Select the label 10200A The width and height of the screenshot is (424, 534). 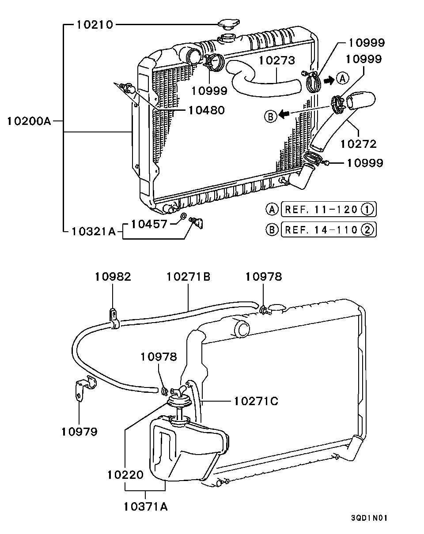[30, 120]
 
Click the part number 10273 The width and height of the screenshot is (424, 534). [276, 60]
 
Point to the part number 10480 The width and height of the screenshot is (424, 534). [206, 110]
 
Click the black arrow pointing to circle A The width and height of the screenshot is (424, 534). [329, 80]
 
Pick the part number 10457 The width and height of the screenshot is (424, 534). [150, 224]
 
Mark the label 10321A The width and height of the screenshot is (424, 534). [93, 231]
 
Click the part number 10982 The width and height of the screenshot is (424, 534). [113, 277]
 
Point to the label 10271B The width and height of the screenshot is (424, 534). [188, 277]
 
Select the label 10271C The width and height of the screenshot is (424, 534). [256, 401]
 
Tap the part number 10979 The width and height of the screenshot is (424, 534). [79, 431]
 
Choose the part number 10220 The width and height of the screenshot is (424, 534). [125, 475]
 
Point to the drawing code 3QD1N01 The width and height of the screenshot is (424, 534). [369, 518]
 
